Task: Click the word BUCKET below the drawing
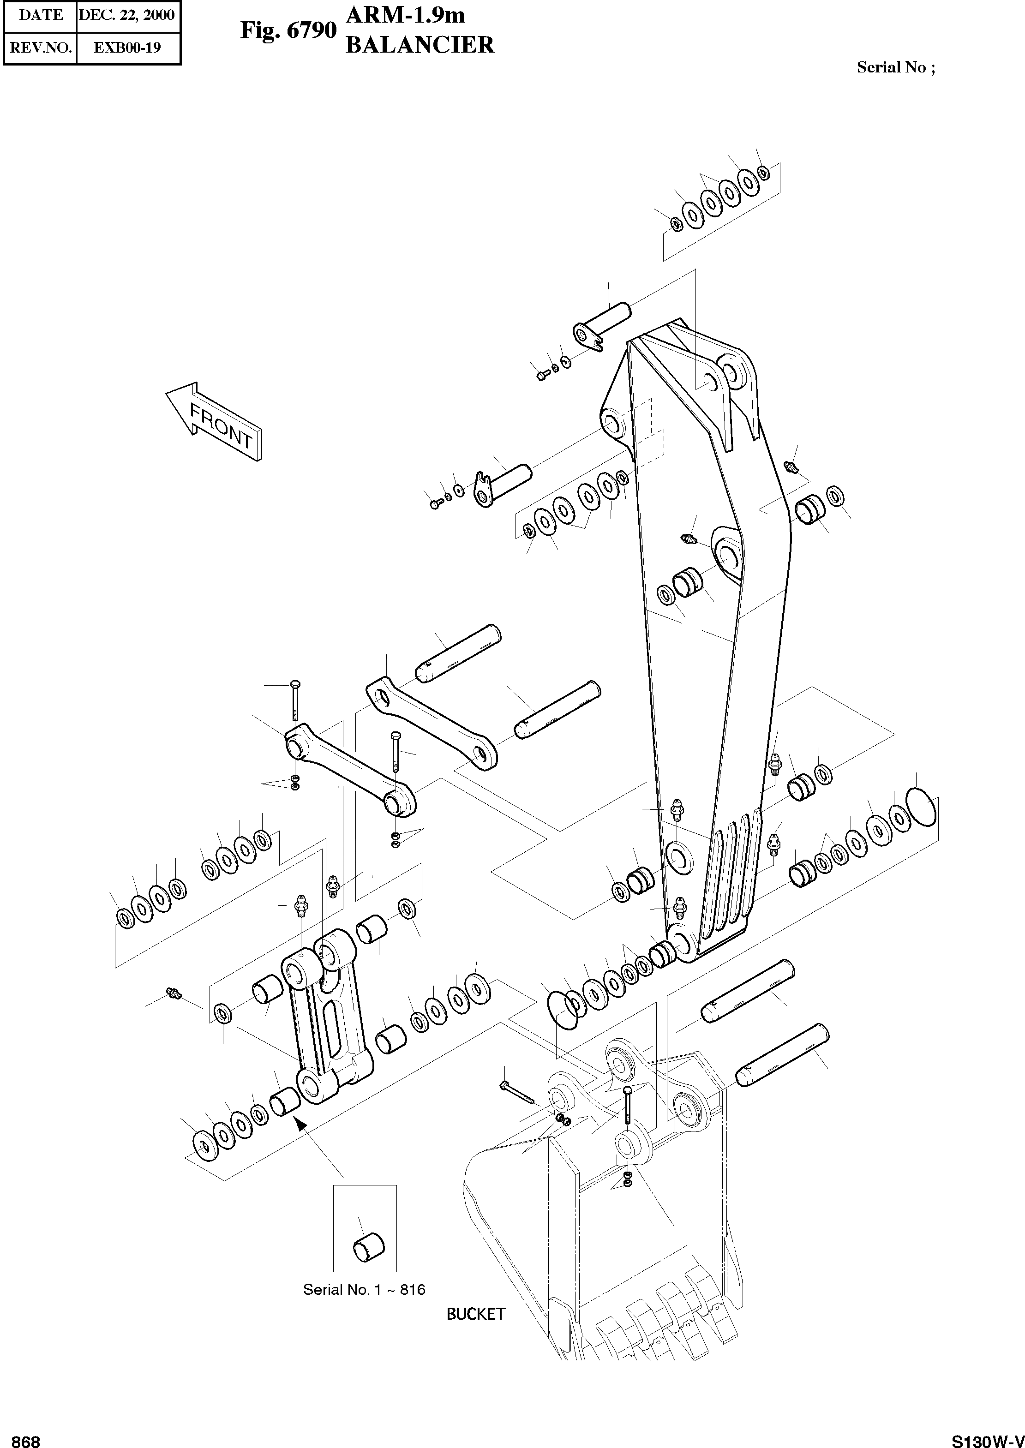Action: coord(475,1314)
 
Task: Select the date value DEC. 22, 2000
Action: coord(127,15)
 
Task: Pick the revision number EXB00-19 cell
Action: coord(127,48)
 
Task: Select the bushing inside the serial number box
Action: coord(367,1246)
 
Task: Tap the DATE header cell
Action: coord(41,15)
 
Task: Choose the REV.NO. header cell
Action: coord(41,48)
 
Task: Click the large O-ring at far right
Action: coord(922,806)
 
